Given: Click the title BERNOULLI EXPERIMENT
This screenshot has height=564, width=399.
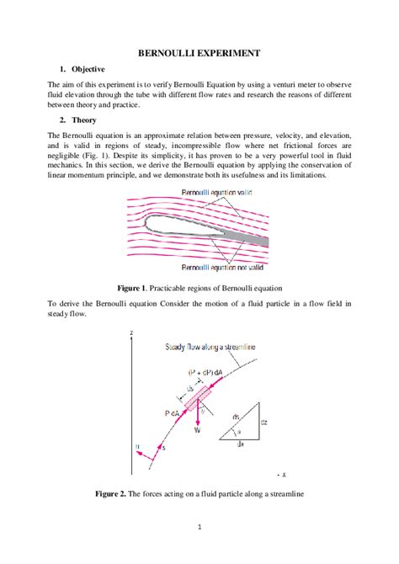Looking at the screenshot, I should pos(199,53).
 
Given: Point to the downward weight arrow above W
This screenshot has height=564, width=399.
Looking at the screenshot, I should pos(198,412).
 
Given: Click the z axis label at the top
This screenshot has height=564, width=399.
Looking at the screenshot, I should pos(132,335).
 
